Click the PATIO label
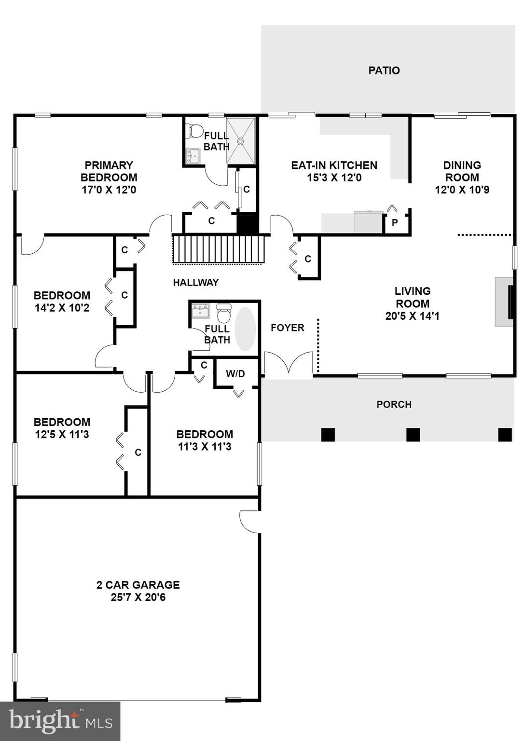point(384,70)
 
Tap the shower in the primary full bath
point(240,141)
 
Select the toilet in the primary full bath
point(195,131)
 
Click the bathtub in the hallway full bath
point(245,329)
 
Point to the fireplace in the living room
point(505,302)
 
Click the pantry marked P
point(395,223)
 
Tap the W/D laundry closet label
point(235,374)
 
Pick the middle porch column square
point(413,435)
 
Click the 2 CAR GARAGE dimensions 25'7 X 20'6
point(138,597)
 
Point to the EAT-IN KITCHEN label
point(334,165)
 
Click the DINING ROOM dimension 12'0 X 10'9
point(462,190)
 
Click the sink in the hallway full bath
point(200,311)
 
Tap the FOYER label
point(287,328)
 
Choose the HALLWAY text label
point(196,283)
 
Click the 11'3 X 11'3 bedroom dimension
point(205,447)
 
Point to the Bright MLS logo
point(60,721)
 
